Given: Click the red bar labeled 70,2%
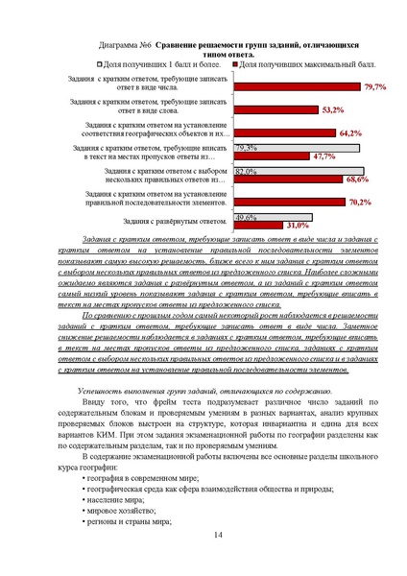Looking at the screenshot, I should click(289, 203).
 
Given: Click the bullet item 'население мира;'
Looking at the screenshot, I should click(117, 500).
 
